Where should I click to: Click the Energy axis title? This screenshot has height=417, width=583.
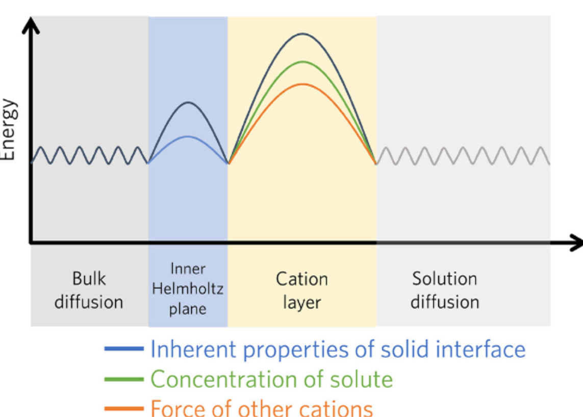[8, 130]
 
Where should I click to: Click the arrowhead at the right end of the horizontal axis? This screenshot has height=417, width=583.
[575, 243]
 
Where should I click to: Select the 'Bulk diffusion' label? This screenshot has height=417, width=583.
[88, 290]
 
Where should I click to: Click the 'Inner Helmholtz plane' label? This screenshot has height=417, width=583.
[188, 289]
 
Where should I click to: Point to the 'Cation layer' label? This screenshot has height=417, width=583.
[302, 290]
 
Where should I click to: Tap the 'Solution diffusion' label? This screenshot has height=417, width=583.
[445, 290]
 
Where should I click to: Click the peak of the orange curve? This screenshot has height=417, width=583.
[302, 84]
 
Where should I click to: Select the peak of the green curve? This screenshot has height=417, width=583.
[302, 61]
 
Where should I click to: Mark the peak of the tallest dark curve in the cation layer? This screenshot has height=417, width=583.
[302, 34]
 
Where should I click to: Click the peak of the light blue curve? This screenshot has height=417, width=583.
[188, 136]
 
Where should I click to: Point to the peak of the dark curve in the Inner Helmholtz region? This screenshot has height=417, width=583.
[188, 102]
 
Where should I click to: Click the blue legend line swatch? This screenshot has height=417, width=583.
[124, 349]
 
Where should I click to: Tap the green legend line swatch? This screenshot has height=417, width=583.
[124, 379]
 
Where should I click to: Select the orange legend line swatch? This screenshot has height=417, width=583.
[124, 408]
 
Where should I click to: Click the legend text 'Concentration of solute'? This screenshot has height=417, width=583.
[271, 379]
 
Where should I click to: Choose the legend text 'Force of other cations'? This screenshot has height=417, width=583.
[261, 408]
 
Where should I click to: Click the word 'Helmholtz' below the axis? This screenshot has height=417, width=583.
[188, 289]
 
